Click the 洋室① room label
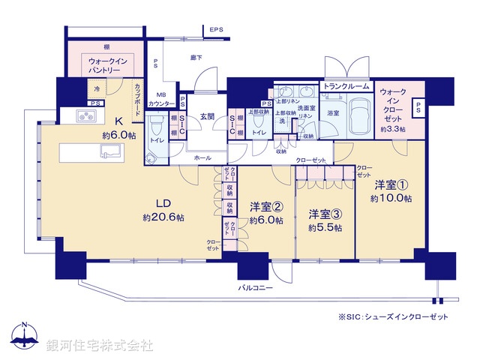click(x=390, y=184)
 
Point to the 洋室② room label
click(x=266, y=207)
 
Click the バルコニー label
click(x=256, y=288)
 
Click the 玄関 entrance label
click(x=207, y=117)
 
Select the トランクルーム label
click(x=345, y=86)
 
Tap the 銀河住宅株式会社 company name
click(x=100, y=346)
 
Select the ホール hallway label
click(x=202, y=158)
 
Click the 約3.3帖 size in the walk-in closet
click(x=393, y=130)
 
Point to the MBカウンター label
click(x=162, y=98)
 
